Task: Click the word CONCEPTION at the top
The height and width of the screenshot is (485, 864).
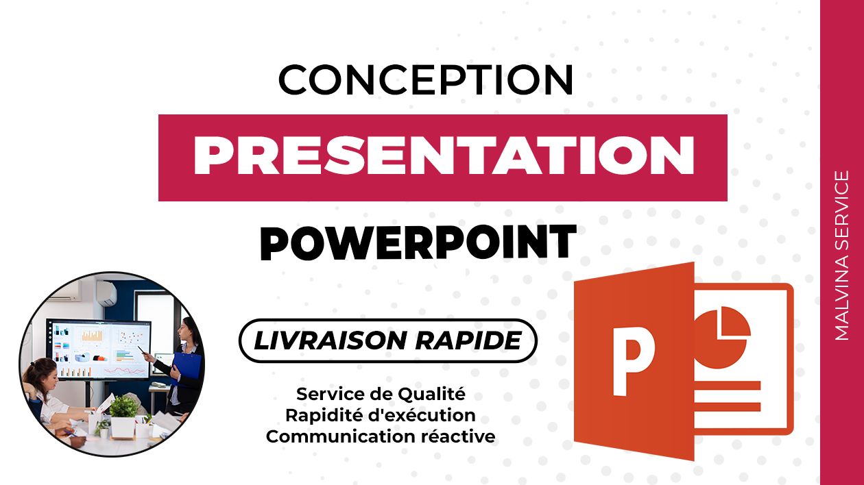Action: point(426,79)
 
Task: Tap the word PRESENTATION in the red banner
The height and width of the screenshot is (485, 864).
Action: point(444,156)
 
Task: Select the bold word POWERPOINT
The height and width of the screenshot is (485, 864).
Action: point(418,242)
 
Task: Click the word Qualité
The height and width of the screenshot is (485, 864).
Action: point(431,395)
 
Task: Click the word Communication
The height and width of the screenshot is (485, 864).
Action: point(339,436)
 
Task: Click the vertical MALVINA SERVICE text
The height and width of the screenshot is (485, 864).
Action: point(841,256)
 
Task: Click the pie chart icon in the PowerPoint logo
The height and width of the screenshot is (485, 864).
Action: point(722,338)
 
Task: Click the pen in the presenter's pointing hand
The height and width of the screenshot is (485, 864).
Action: point(141,350)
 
